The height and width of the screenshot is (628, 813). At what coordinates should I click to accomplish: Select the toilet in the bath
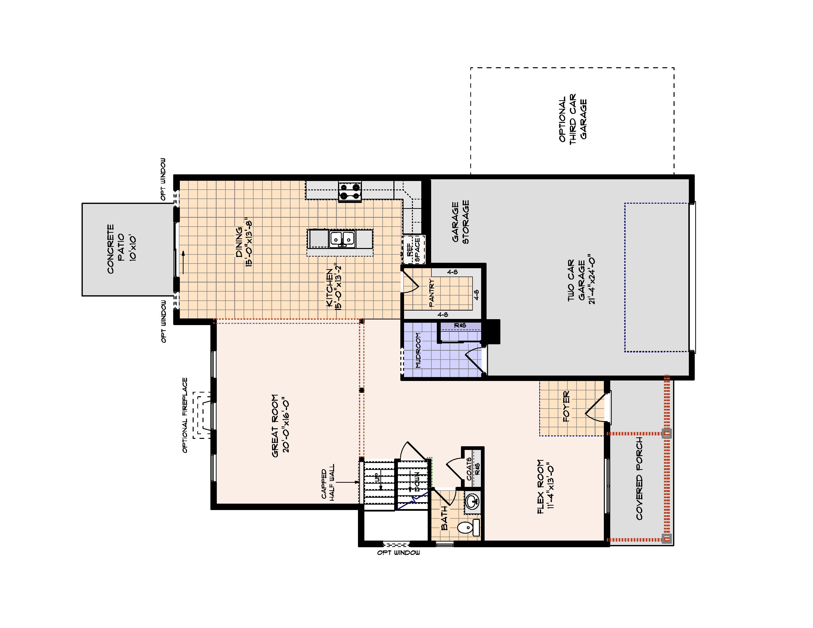pos(468,527)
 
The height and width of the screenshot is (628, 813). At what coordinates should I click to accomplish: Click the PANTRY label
pos(432,293)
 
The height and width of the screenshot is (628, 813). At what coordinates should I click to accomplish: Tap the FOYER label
pos(566,406)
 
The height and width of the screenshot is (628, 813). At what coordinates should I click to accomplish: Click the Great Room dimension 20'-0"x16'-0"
pos(286,426)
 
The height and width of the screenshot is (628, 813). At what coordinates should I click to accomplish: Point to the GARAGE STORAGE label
pos(460,222)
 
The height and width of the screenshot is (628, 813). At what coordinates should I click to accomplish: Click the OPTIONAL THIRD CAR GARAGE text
pos(573,117)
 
